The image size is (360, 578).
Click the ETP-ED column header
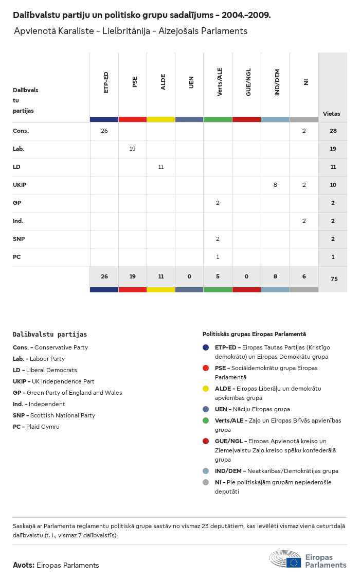(x=106, y=82)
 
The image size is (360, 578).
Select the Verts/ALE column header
(x=219, y=82)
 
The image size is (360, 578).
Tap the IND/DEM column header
(x=277, y=82)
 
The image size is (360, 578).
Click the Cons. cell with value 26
(x=104, y=131)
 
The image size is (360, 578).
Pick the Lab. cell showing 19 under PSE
(x=132, y=149)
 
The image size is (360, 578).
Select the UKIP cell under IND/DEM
(x=275, y=185)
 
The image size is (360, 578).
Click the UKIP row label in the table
(x=20, y=185)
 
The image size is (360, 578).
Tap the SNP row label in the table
(x=19, y=239)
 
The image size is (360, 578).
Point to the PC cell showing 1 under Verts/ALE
(x=218, y=257)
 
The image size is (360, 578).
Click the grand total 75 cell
(x=334, y=279)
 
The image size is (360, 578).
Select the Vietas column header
(x=332, y=114)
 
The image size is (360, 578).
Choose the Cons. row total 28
(x=333, y=131)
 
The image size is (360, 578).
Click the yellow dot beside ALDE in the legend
(x=206, y=389)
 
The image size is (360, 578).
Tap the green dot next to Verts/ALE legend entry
(x=206, y=421)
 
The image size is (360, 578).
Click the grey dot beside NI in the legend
(x=206, y=482)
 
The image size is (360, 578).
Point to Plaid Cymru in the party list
(x=43, y=427)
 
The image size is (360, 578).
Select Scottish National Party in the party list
(x=63, y=415)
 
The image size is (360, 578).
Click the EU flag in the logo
(x=294, y=563)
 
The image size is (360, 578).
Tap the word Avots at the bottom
(x=24, y=565)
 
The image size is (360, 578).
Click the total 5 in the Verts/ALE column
(x=218, y=276)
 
